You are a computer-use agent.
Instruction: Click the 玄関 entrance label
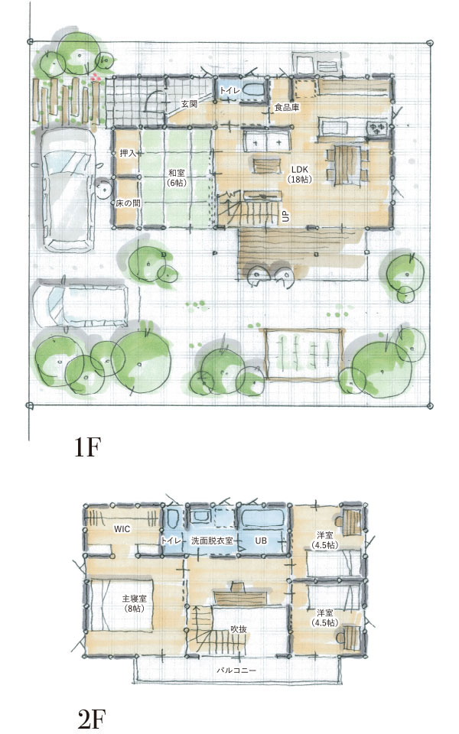[x=189, y=103]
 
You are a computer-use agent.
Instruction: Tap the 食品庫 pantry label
[x=287, y=108]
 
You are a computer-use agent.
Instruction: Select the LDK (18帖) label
[x=300, y=174]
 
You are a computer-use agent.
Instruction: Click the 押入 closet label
[x=128, y=153]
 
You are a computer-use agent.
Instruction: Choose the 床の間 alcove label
[x=129, y=203]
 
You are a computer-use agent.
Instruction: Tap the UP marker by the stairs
[x=285, y=216]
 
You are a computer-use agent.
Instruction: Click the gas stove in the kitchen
[x=377, y=128]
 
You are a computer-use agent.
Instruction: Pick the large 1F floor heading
[x=87, y=447]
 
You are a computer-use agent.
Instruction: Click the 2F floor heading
[x=91, y=719]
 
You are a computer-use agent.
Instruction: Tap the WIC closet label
[x=122, y=529]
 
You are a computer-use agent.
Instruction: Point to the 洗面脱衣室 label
[x=212, y=541]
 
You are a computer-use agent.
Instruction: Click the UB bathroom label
[x=261, y=541]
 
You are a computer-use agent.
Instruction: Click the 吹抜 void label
[x=239, y=629]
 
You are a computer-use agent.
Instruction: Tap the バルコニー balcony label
[x=236, y=671]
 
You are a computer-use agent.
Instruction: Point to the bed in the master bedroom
[x=122, y=605]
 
